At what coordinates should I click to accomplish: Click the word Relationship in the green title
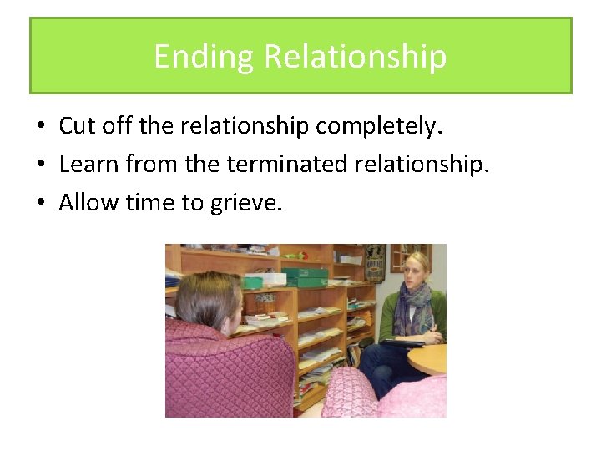point(356,57)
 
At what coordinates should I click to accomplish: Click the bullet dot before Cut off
point(40,127)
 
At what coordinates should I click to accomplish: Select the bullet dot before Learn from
point(40,165)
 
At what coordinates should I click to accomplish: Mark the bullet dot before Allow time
point(40,202)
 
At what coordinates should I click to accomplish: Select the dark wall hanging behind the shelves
point(375,261)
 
